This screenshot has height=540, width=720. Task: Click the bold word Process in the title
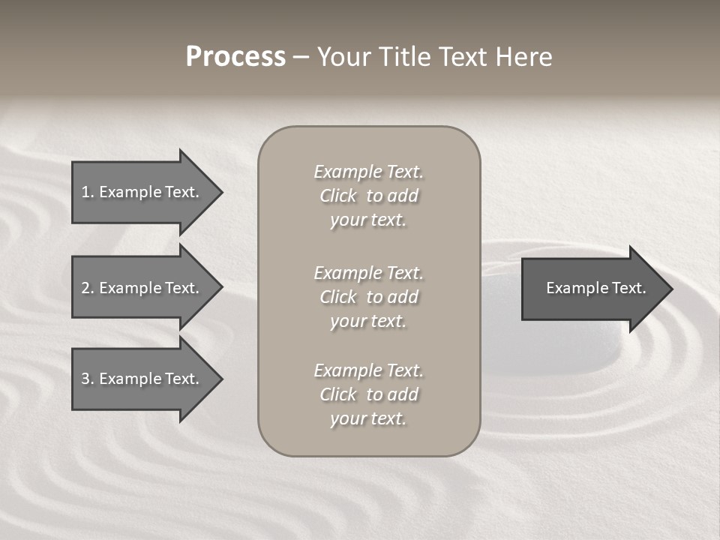235,57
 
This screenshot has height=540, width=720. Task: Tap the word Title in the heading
403,57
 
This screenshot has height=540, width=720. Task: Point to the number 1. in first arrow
88,192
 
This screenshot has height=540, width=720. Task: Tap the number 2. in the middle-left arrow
88,288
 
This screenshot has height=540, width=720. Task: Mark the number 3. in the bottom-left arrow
88,379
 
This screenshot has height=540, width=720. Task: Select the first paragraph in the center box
368,196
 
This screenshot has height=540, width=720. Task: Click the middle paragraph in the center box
368,297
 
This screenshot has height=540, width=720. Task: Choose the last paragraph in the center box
368,394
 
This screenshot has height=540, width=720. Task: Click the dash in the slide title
301,58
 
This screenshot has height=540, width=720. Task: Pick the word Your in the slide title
343,57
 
